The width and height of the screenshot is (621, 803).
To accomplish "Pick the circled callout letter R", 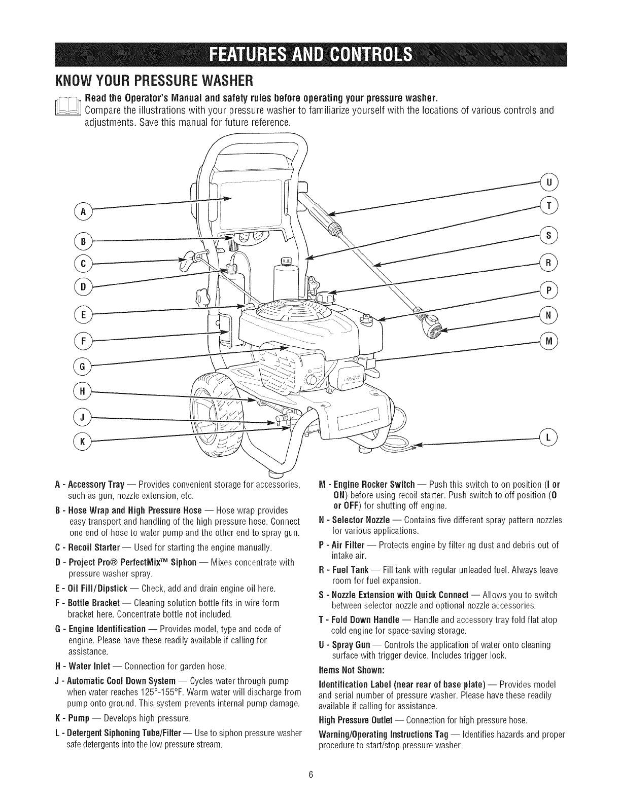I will point(548,262).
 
